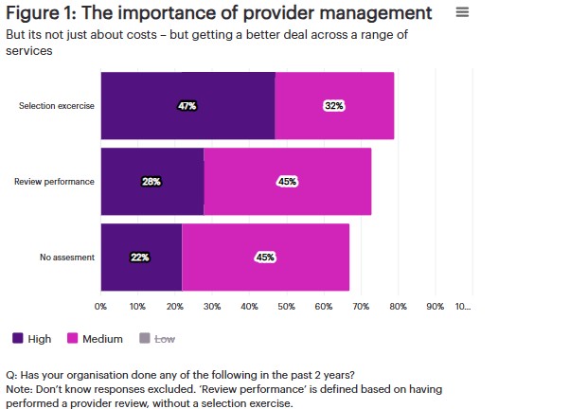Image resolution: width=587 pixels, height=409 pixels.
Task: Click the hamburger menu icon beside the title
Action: click(x=462, y=12)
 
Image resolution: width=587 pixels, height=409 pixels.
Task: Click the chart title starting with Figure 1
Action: click(x=219, y=13)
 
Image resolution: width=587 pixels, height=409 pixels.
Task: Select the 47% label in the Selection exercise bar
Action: click(x=187, y=106)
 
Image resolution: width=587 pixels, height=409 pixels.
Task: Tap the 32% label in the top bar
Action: click(x=333, y=106)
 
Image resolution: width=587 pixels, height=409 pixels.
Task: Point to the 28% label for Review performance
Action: click(x=151, y=181)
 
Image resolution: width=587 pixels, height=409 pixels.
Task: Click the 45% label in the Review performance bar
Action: click(x=287, y=181)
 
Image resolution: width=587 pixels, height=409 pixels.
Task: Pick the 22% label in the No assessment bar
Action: click(x=140, y=257)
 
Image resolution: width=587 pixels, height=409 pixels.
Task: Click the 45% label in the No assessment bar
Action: click(x=265, y=257)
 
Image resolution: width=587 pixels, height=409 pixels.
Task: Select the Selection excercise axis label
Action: click(x=57, y=106)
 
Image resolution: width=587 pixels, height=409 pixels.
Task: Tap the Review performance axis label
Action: click(x=54, y=181)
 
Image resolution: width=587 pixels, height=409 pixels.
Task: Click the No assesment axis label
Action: click(x=67, y=257)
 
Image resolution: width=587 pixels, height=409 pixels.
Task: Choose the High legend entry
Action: click(x=32, y=338)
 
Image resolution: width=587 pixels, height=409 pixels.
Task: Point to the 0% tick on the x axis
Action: click(x=100, y=307)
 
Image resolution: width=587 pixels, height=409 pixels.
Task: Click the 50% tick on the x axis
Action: click(x=287, y=307)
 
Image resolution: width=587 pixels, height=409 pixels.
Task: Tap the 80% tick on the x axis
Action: click(x=399, y=307)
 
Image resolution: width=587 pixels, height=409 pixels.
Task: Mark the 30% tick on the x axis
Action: click(x=212, y=307)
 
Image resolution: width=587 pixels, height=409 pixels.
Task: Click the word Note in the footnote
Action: click(x=18, y=389)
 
